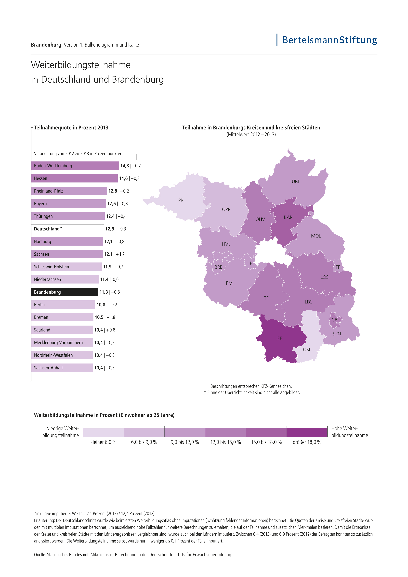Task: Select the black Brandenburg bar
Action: point(65,292)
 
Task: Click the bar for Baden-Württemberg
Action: point(75,166)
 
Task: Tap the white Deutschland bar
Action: point(68,229)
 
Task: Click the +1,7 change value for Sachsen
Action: point(120,254)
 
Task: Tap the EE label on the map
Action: point(279,339)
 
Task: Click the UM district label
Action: point(295,181)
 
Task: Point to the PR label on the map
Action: point(181,200)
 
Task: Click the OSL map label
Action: point(307,350)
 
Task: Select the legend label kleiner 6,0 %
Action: point(103,442)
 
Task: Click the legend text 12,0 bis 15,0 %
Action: point(225,442)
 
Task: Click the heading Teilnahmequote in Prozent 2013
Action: point(71,128)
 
